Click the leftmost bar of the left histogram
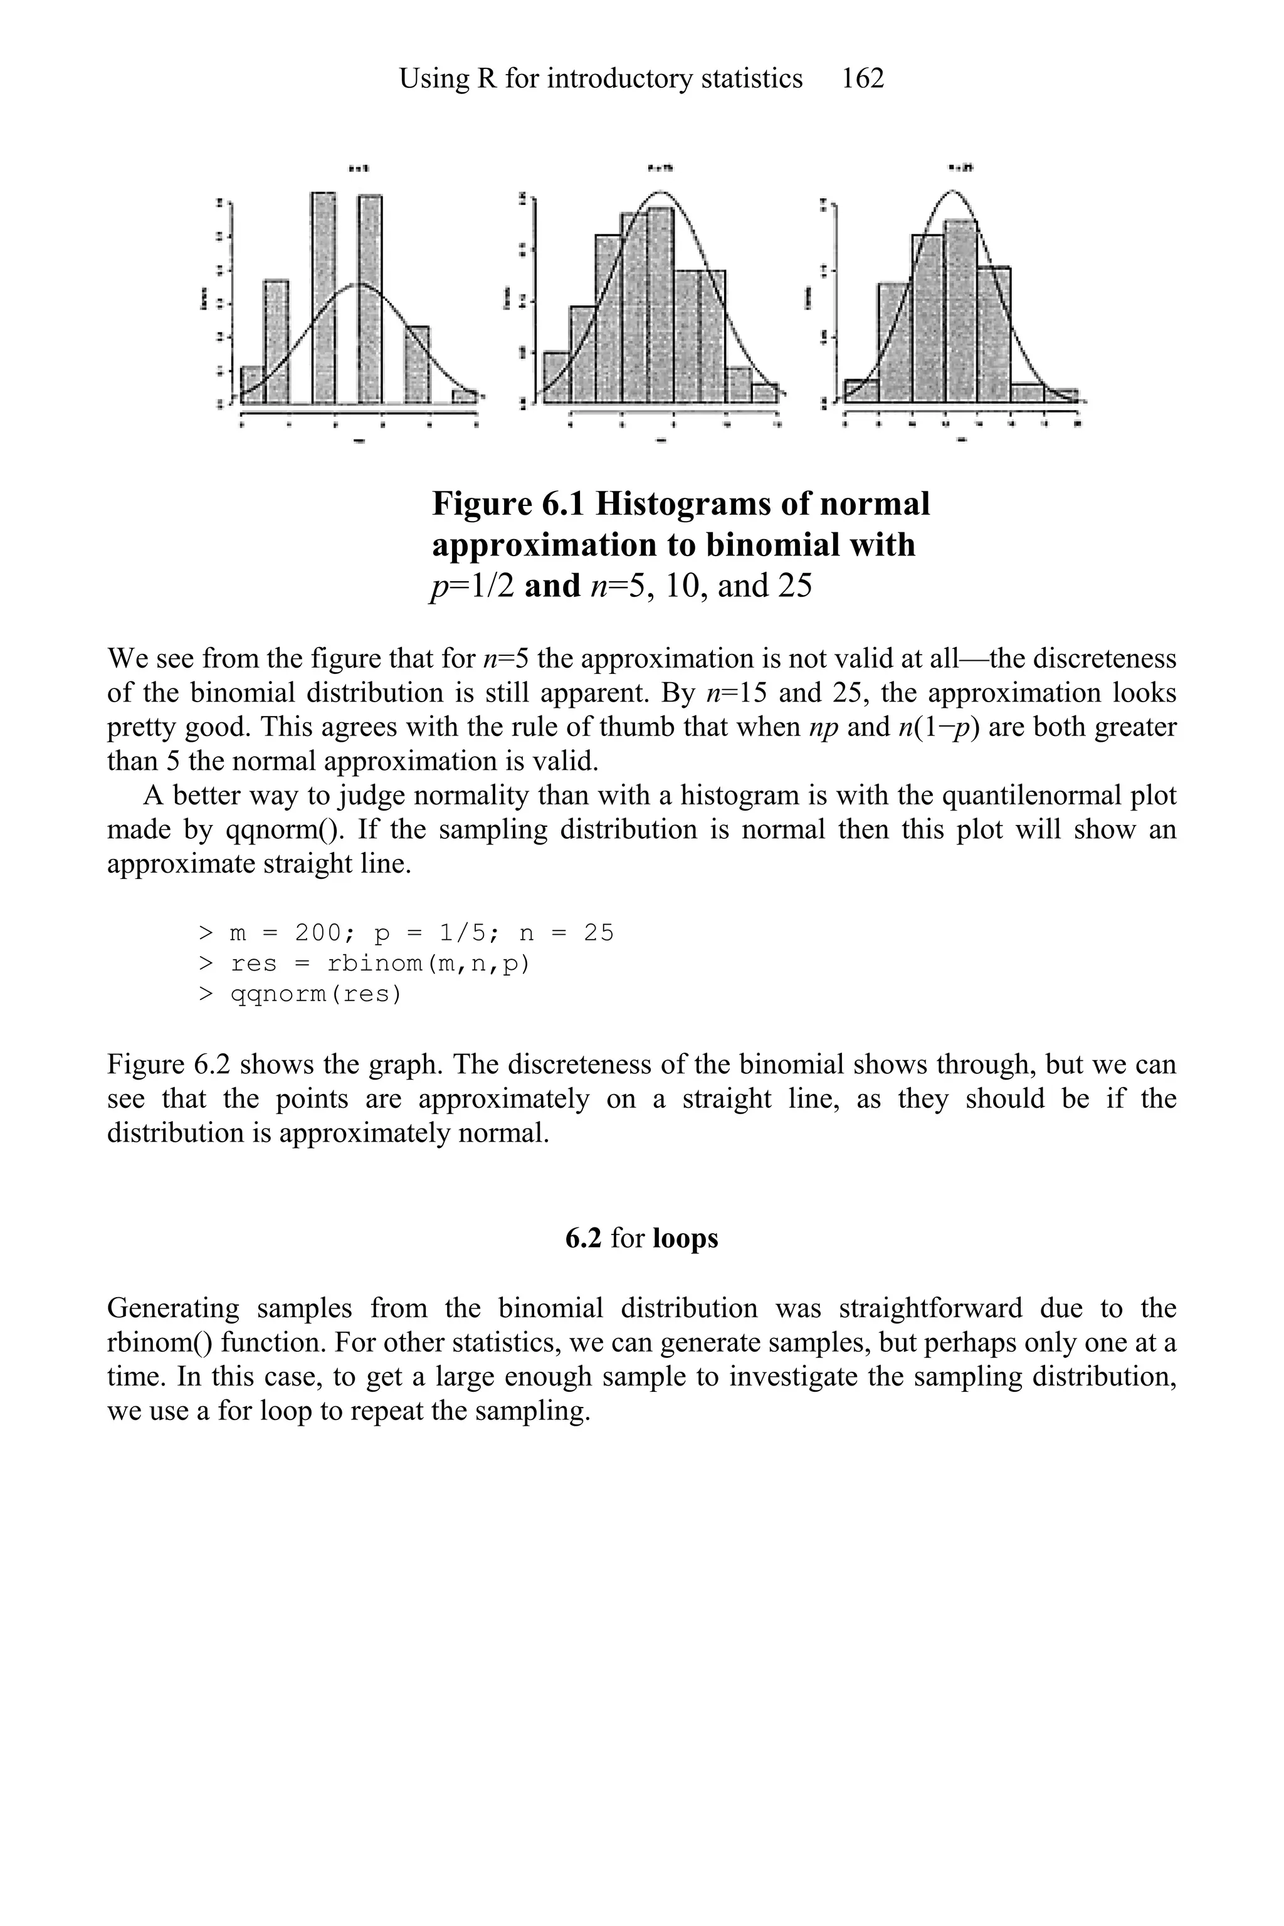pos(252,385)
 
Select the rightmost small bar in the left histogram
pos(465,396)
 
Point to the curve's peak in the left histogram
pos(359,284)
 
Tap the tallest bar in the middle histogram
pos(660,305)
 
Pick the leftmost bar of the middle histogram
pos(557,377)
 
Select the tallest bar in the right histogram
pos(960,311)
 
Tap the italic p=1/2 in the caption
pos(471,586)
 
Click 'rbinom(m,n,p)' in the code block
pos(428,963)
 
